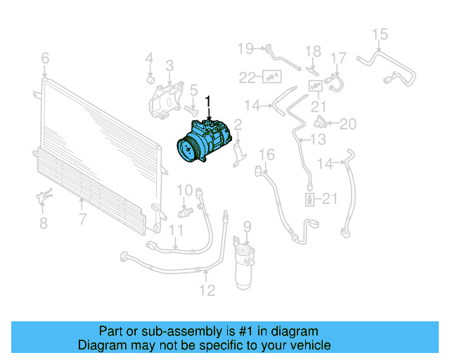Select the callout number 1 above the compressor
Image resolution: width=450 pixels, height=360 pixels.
(x=207, y=103)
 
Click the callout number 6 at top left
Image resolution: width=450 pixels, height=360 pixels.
(x=45, y=58)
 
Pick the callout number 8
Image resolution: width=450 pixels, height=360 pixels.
(x=43, y=224)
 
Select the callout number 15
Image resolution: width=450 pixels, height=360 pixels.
(x=380, y=34)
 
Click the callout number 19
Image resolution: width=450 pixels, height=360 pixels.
(x=244, y=48)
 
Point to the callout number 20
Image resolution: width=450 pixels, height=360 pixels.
(x=348, y=124)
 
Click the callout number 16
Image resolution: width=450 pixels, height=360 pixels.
(x=266, y=154)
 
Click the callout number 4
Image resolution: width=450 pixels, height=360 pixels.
(x=149, y=58)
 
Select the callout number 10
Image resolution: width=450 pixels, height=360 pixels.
(x=184, y=189)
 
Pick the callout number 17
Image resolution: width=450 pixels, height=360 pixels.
(x=339, y=58)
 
